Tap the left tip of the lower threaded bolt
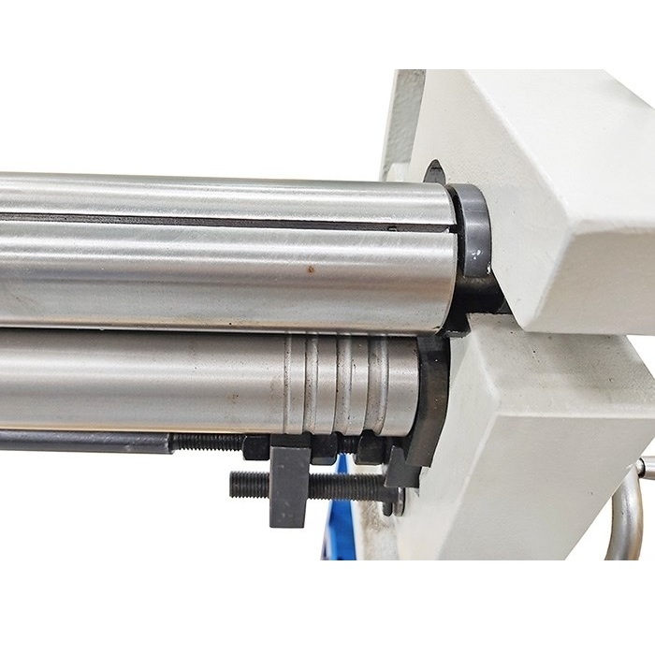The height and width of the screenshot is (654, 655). [x=235, y=485]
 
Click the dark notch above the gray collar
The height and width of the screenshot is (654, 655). [x=433, y=173]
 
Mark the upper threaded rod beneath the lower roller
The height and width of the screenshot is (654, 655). [x=206, y=443]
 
